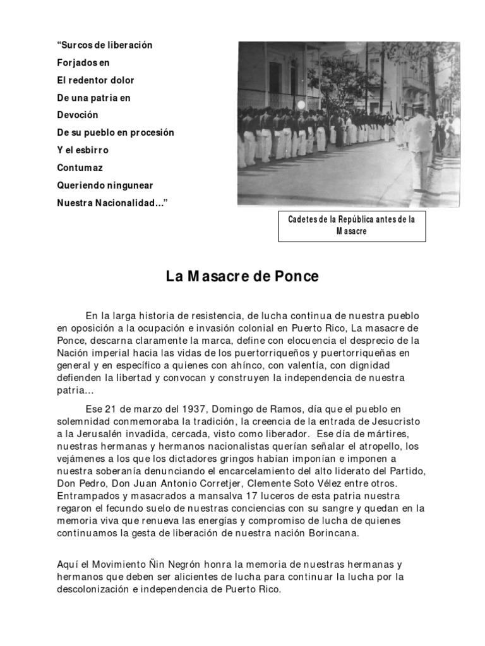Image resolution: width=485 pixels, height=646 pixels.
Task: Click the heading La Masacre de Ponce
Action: (242, 276)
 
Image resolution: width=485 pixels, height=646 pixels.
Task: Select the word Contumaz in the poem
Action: (80, 168)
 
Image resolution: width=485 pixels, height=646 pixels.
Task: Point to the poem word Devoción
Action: (78, 115)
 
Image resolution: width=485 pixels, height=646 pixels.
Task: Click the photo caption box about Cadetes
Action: (352, 226)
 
